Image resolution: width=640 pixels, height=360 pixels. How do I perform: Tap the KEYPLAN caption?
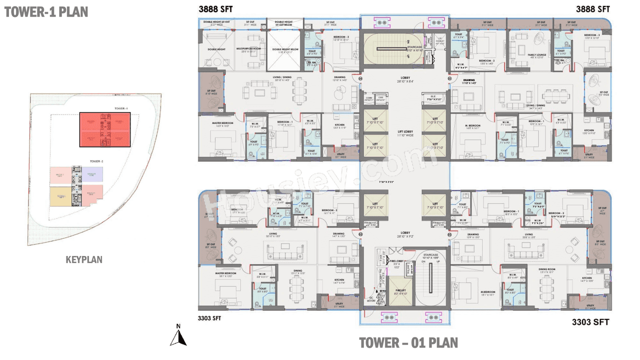point(84,259)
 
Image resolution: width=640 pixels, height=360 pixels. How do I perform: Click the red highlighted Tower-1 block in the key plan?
point(104,129)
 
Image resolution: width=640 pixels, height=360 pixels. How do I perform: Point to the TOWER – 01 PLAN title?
point(408,342)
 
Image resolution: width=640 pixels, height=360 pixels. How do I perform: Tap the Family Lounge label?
point(530,55)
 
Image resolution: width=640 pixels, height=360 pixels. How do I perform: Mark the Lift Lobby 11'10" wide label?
point(404,133)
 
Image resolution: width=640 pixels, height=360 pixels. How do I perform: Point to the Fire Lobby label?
point(396,263)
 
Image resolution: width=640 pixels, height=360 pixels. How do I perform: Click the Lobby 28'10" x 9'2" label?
point(404,234)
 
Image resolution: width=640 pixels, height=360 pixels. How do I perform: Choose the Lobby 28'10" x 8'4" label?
point(404,80)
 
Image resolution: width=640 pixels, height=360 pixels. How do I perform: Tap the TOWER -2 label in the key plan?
point(96,161)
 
